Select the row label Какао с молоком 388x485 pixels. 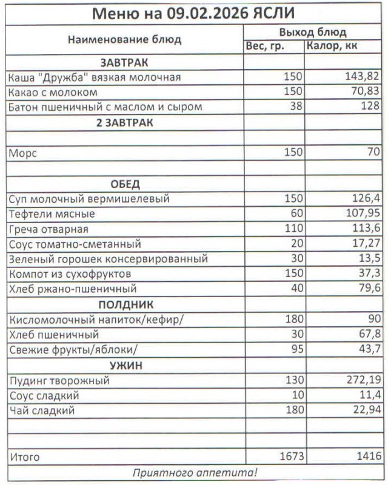click(x=53, y=93)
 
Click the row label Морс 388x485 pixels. click(x=23, y=153)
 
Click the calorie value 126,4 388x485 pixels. click(x=366, y=199)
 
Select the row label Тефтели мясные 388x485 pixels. click(x=52, y=214)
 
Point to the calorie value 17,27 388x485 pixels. click(x=366, y=244)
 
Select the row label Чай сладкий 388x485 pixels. click(x=41, y=411)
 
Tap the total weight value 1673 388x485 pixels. click(x=290, y=456)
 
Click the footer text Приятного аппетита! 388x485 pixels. click(x=195, y=472)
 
